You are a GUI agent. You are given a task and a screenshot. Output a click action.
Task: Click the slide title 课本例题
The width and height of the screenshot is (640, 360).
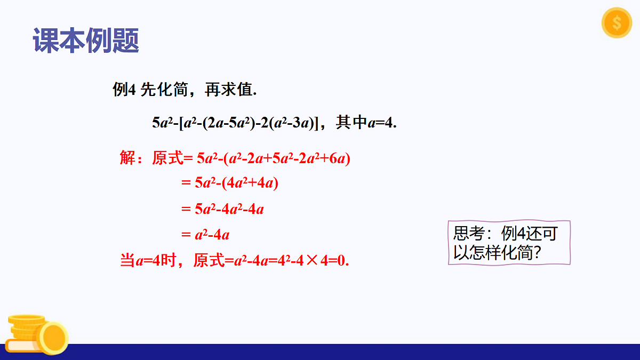(x=86, y=41)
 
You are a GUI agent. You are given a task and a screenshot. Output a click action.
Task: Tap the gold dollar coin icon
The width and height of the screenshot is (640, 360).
(x=616, y=23)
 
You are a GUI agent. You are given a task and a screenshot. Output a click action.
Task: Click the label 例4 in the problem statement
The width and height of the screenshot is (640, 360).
(x=124, y=90)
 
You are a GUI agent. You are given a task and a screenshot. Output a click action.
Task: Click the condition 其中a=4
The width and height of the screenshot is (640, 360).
(x=367, y=123)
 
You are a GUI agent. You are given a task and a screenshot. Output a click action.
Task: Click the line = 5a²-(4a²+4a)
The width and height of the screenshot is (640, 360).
(x=230, y=183)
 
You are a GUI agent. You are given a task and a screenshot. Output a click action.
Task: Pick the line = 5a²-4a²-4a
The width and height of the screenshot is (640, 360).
(x=222, y=209)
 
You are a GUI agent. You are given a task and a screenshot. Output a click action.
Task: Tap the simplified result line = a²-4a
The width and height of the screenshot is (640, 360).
(x=205, y=234)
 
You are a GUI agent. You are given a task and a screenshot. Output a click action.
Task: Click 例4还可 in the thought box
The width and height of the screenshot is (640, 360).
(x=529, y=234)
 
